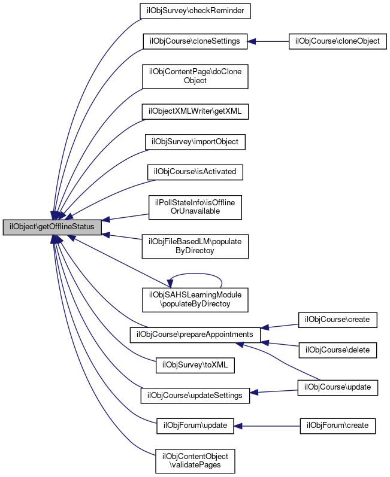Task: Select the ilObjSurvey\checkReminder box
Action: (x=195, y=11)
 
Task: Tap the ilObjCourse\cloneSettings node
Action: (x=195, y=41)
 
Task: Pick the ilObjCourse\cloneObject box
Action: (x=338, y=41)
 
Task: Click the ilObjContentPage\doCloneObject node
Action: (x=195, y=76)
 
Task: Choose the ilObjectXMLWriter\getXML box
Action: (x=195, y=111)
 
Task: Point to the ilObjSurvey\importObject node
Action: (x=195, y=141)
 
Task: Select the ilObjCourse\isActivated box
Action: (x=195, y=172)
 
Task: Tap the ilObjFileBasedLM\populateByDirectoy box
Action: (x=195, y=246)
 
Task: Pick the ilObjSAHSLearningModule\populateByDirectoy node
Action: (x=195, y=300)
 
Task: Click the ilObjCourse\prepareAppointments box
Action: (x=195, y=334)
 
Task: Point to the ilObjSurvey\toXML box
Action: (x=195, y=364)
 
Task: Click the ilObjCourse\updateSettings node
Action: (x=195, y=395)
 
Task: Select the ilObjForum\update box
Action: (x=195, y=426)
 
